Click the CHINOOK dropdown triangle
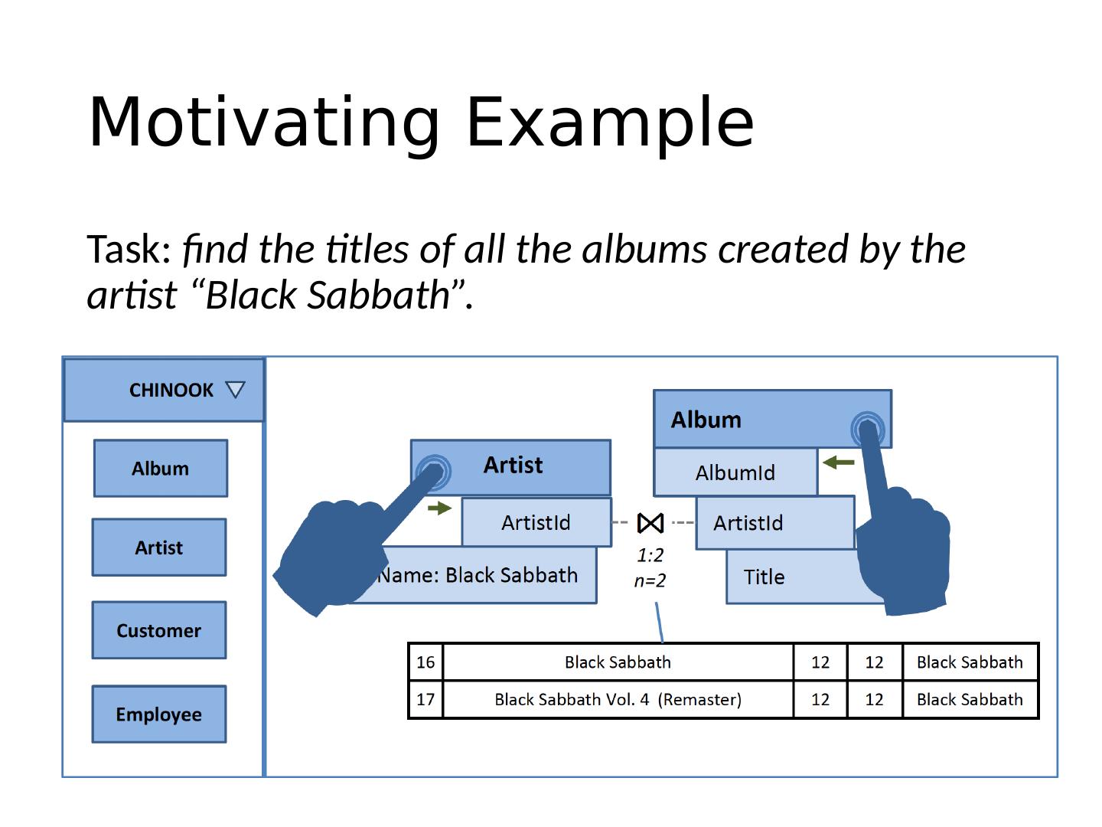[235, 391]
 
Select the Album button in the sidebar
[161, 469]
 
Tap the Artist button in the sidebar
[159, 548]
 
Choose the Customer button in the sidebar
[159, 630]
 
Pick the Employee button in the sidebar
[159, 714]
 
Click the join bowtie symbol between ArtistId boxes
[650, 523]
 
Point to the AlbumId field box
[735, 473]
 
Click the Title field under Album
[765, 577]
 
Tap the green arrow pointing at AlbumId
[839, 463]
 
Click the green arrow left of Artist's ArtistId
[439, 508]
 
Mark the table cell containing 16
[425, 662]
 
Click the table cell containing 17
[425, 699]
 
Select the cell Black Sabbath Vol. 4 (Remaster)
[618, 699]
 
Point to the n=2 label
[650, 581]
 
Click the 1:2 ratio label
[650, 555]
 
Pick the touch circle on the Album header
[867, 427]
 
